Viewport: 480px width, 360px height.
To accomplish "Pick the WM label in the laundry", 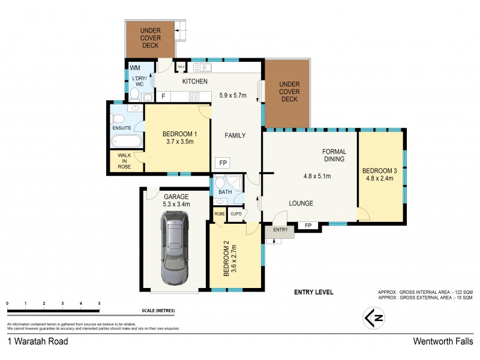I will coord(136,68).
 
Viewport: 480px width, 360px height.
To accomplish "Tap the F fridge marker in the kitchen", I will coord(163,96).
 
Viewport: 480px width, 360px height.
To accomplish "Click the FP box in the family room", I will coord(223,163).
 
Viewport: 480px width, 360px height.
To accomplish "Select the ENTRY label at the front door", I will coord(280,230).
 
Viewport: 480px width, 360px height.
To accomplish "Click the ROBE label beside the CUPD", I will coord(219,213).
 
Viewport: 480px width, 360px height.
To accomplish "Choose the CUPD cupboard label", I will coord(236,213).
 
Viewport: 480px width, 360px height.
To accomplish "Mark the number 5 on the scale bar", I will coord(99,304).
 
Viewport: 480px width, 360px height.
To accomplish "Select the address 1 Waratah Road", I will coord(37,341).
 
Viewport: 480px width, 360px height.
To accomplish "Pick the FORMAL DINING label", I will coord(334,155).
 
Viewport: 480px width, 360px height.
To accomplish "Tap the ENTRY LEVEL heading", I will coord(313,293).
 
